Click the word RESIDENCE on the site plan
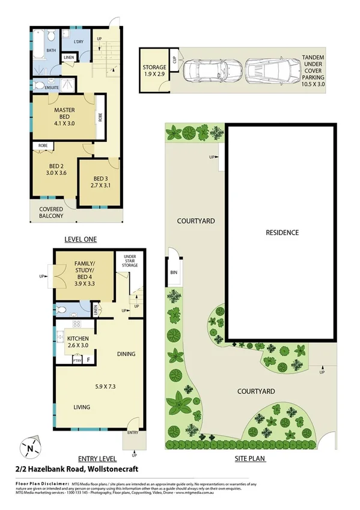point(281,232)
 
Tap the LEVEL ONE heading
point(80,239)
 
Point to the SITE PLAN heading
point(249,458)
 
